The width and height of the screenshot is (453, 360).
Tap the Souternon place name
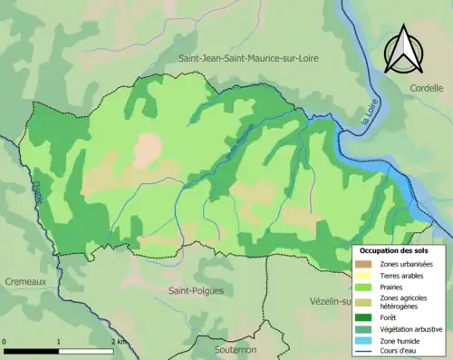[x=224, y=348]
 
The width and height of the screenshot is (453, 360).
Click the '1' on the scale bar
[x=59, y=342]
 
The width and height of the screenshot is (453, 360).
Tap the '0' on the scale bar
[x=5, y=342]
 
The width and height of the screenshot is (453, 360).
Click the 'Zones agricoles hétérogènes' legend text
[x=406, y=301]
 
